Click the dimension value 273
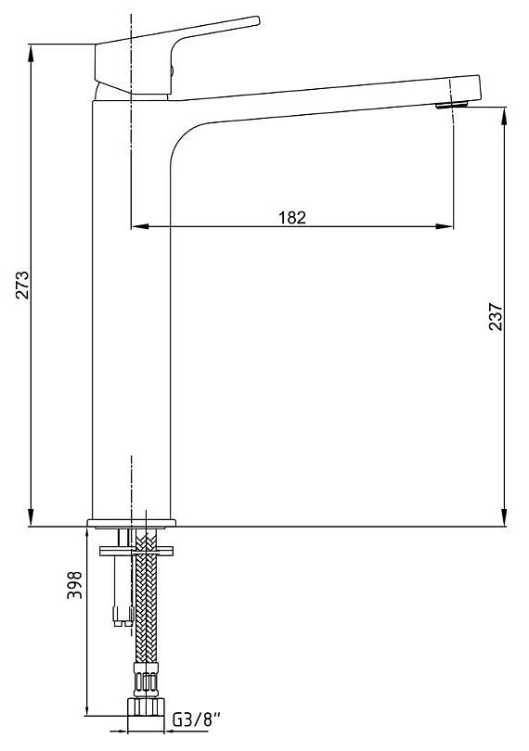(22, 285)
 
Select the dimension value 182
(292, 218)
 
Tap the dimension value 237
(496, 316)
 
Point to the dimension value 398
(74, 585)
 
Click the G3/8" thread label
(197, 719)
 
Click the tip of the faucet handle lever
(257, 20)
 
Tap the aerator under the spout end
(451, 105)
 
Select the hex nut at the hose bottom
(146, 706)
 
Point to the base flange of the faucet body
(132, 523)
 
